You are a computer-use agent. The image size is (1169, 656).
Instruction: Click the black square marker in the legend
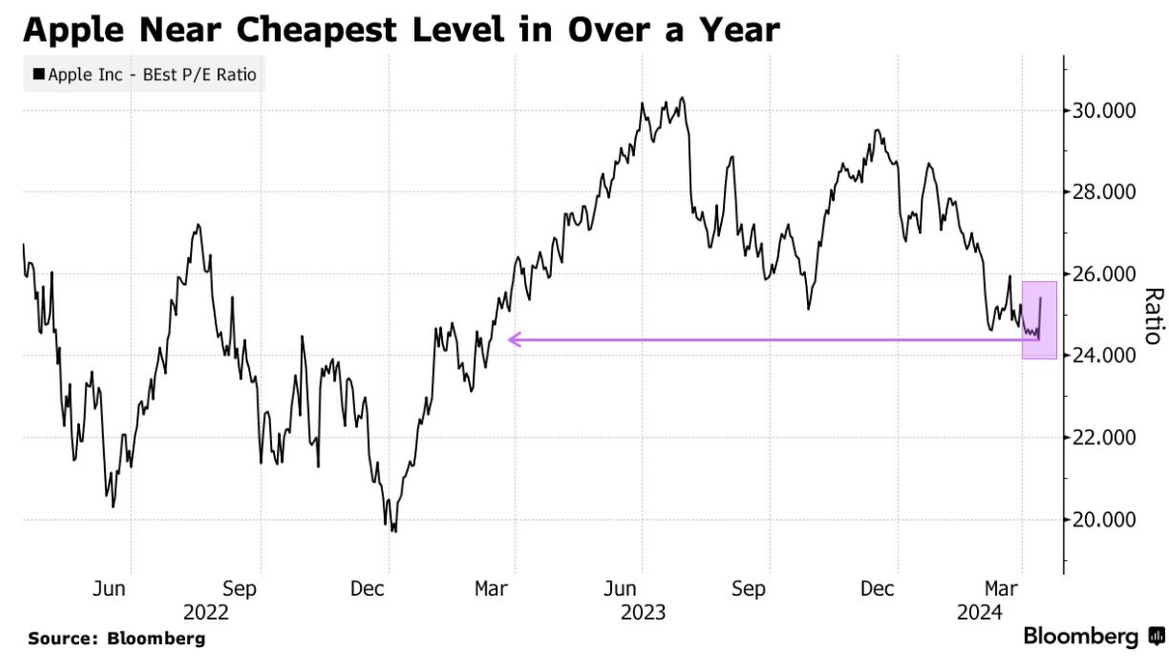click(39, 74)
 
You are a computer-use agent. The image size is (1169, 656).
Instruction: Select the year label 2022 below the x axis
click(206, 612)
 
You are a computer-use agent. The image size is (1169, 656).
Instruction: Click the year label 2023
click(643, 612)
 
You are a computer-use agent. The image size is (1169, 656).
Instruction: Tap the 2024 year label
click(981, 612)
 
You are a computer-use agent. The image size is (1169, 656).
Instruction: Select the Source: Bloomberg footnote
click(117, 638)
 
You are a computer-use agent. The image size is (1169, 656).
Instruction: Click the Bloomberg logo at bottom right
click(1094, 635)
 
